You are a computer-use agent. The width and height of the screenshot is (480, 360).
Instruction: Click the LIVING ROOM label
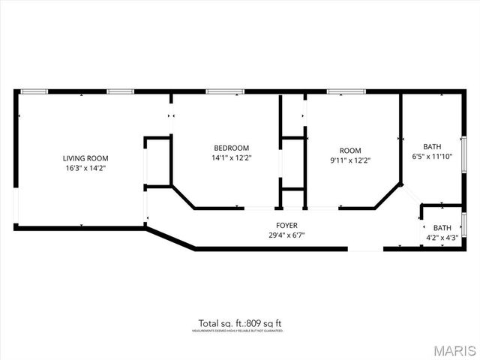click(85, 158)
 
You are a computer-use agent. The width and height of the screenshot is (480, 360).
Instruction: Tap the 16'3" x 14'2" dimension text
click(85, 169)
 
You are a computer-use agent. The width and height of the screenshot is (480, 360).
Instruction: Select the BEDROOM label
click(231, 148)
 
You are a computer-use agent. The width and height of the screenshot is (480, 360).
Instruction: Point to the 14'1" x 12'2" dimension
click(231, 158)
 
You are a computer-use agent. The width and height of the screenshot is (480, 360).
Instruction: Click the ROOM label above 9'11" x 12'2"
click(350, 150)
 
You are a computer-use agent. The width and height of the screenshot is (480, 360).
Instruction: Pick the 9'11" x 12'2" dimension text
click(350, 160)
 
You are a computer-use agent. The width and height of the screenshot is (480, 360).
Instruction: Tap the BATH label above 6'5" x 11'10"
click(432, 147)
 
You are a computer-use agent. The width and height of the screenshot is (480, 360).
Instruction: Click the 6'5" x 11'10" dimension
click(432, 157)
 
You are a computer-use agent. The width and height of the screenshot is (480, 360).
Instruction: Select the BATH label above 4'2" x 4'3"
click(442, 228)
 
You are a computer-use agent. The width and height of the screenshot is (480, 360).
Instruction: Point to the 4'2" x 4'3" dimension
click(442, 238)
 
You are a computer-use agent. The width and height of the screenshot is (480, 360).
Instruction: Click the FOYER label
click(286, 225)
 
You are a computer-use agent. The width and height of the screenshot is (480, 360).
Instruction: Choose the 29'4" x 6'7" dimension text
click(286, 235)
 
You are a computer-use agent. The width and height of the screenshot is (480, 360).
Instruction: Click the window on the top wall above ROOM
click(341, 91)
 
